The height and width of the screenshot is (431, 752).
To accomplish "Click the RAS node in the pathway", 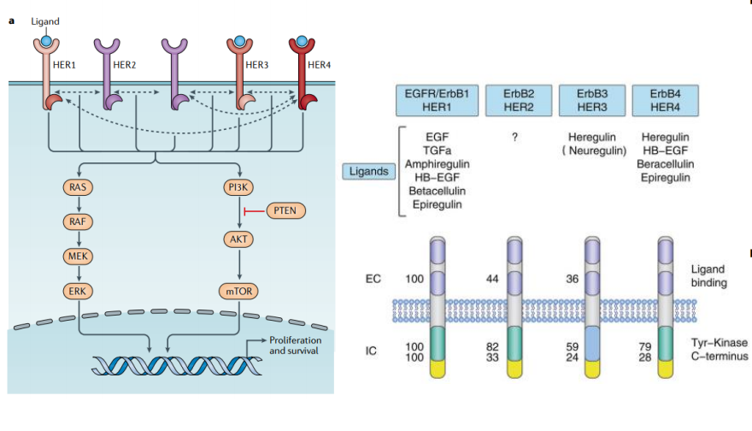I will coord(77,185).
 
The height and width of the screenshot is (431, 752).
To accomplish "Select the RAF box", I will coord(77,221).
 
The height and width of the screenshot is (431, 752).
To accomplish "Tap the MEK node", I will coord(77,256).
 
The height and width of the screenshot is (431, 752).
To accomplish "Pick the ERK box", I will coord(77,292).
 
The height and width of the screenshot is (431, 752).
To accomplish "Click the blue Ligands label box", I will coord(368,172).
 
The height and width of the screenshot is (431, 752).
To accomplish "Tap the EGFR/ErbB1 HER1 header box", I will coord(436,100).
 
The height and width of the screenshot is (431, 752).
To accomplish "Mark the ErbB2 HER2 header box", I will coord(516,100).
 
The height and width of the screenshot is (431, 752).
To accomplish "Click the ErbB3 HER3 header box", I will coord(591,100).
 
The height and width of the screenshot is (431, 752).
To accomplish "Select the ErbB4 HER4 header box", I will coord(666,100).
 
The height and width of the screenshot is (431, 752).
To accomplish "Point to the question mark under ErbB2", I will coord(515,136).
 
